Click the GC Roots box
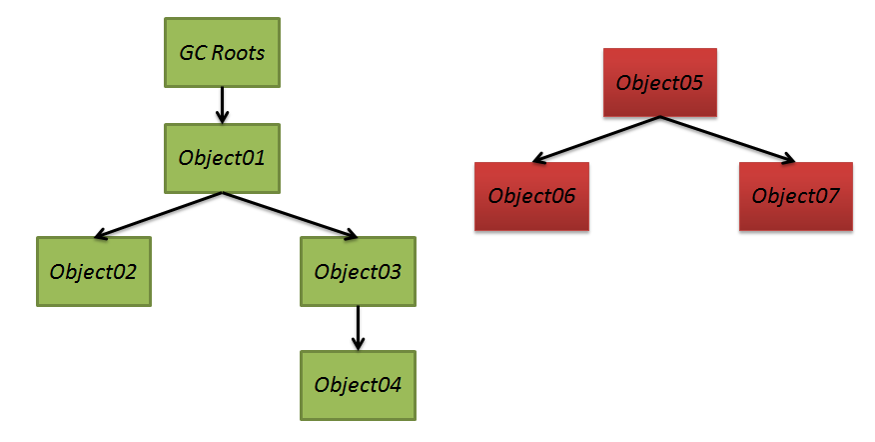click(x=222, y=53)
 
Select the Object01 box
click(x=222, y=158)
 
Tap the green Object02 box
click(x=94, y=272)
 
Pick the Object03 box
click(x=358, y=272)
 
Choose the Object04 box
click(x=358, y=385)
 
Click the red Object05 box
click(x=659, y=83)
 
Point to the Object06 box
click(x=531, y=196)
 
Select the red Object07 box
click(x=796, y=196)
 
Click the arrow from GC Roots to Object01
click(x=222, y=105)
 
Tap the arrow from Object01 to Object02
click(x=159, y=216)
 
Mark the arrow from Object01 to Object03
click(x=291, y=216)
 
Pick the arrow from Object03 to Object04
click(x=358, y=329)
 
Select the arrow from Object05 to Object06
click(x=596, y=140)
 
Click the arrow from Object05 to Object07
click(x=728, y=140)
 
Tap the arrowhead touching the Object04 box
click(x=358, y=343)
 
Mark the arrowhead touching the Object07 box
click(x=788, y=159)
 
